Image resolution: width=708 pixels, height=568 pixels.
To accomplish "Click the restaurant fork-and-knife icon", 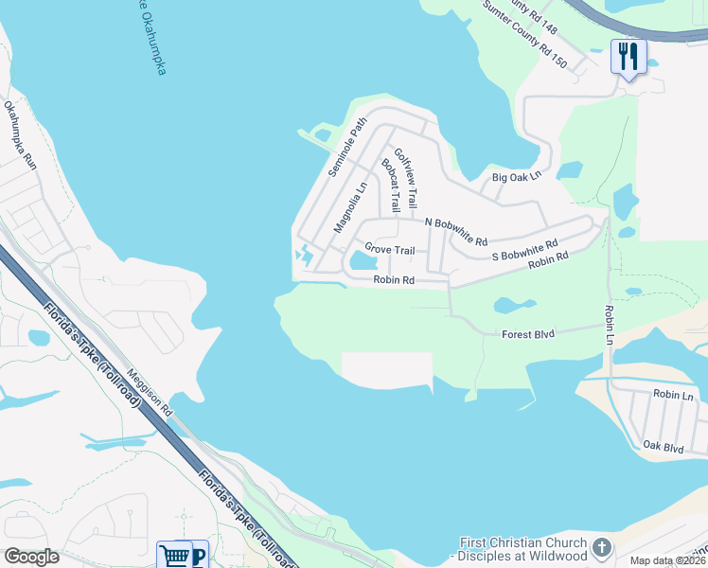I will click(627, 56).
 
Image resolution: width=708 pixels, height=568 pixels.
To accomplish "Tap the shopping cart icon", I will click(173, 555).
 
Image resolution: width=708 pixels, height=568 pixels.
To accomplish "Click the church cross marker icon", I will click(601, 548).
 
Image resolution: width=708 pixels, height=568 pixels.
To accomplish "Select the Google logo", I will click(32, 557).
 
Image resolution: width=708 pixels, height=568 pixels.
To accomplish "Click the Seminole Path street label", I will click(346, 147).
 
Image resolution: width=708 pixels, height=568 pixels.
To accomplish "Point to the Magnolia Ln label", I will click(349, 206).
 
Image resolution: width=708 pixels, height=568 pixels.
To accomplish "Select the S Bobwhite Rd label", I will click(524, 250).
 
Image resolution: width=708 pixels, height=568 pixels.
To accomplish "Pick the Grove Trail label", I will click(391, 250).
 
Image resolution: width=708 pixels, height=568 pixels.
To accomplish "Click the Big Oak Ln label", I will click(516, 176).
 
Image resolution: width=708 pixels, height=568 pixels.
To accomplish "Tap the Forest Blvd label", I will click(528, 333).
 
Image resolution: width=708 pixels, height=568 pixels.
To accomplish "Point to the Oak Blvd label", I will click(663, 446).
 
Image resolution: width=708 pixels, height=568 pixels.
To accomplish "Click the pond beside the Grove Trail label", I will click(361, 260).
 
